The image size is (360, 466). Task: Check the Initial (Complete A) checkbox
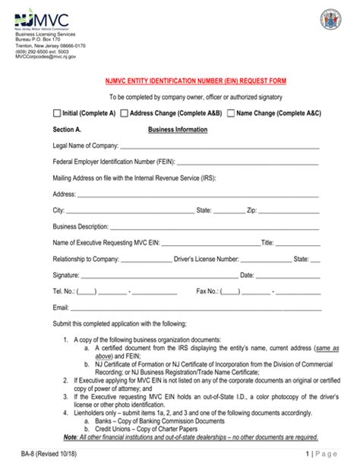click(x=57, y=113)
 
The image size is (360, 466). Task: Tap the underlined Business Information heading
click(x=177, y=130)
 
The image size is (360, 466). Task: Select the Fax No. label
click(x=207, y=291)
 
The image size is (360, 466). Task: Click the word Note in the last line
click(x=73, y=437)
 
